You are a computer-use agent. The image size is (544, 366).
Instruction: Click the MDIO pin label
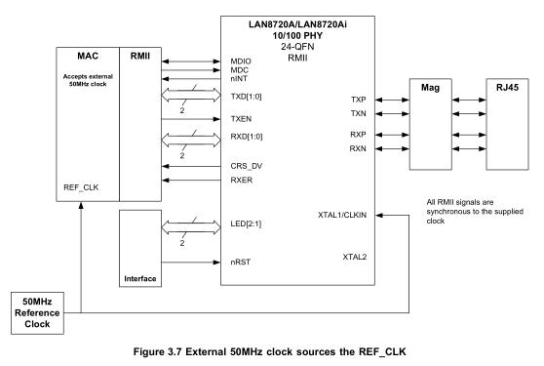coord(241,61)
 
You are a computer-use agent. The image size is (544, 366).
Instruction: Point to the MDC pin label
coord(239,70)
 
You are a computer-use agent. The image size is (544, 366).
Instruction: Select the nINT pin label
coord(239,80)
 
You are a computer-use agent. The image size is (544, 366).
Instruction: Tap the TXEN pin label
coord(241,118)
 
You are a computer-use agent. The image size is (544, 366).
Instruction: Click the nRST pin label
coord(241,262)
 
